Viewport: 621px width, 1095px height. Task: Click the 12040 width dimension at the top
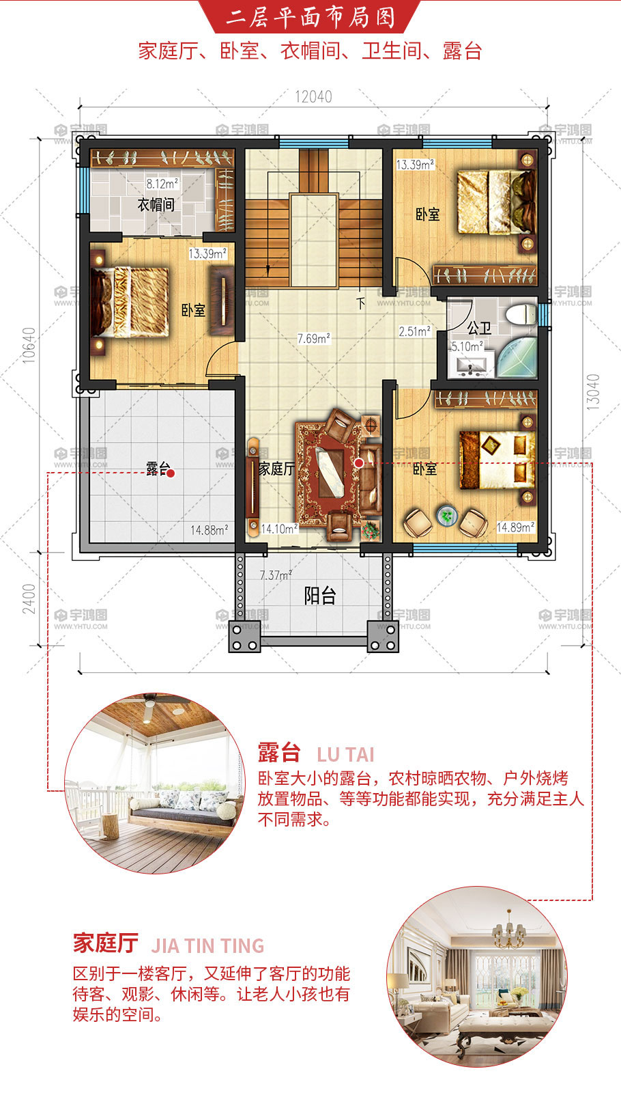tap(313, 97)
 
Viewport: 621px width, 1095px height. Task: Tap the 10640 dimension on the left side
tap(29, 345)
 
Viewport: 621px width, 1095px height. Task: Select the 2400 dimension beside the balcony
tap(29, 599)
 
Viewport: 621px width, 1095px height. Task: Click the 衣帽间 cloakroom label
tap(156, 204)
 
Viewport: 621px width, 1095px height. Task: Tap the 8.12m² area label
tap(162, 184)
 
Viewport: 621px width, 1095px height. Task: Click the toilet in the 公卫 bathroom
tap(521, 314)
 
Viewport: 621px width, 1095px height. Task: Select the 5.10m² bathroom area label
tap(467, 346)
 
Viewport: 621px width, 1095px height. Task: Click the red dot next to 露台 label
tap(171, 473)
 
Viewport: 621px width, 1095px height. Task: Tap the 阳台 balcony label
tap(320, 596)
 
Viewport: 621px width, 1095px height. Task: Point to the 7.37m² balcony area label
tap(276, 575)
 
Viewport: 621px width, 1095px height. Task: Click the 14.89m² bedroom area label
tap(515, 527)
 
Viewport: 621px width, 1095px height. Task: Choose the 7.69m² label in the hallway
tap(314, 338)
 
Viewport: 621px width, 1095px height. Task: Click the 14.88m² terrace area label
tap(210, 530)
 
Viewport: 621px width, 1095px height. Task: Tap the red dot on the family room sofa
tap(359, 462)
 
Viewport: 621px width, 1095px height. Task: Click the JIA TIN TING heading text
tap(207, 946)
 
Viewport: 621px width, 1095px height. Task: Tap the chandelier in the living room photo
tap(509, 932)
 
